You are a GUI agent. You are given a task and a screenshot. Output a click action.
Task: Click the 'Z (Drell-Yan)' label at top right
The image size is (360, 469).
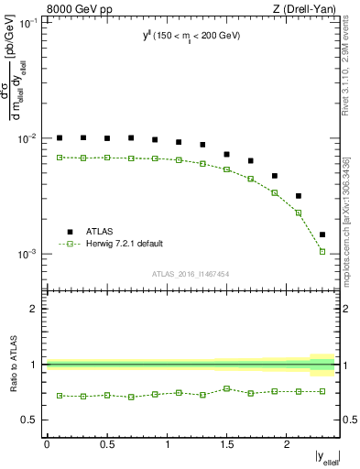[302, 8]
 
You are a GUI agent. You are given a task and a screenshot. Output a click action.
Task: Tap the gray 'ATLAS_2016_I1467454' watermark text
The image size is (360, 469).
[190, 274]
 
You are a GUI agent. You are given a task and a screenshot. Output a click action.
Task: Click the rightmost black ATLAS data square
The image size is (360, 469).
[322, 234]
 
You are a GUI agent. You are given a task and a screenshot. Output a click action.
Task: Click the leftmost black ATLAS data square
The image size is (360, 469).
[60, 137]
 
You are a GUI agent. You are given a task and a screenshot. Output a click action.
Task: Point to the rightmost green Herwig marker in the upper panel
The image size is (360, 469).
[322, 251]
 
